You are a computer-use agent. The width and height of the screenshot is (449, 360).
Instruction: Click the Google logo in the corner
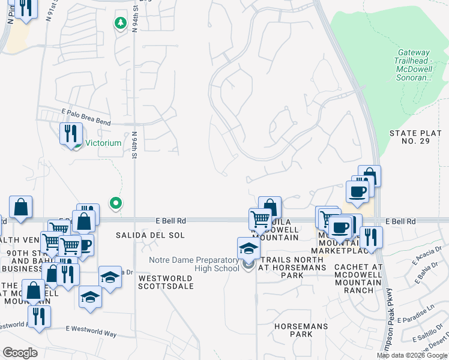click(20, 353)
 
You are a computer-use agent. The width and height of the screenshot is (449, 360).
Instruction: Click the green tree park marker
click(120, 23)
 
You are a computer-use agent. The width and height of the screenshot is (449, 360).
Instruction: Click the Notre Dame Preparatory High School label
click(194, 263)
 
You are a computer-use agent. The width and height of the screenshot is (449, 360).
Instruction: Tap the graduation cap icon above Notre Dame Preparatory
click(248, 248)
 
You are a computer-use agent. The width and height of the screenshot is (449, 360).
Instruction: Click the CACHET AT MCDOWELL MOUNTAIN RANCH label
click(358, 278)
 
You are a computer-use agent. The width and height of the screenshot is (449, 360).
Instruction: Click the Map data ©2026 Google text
click(412, 355)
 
